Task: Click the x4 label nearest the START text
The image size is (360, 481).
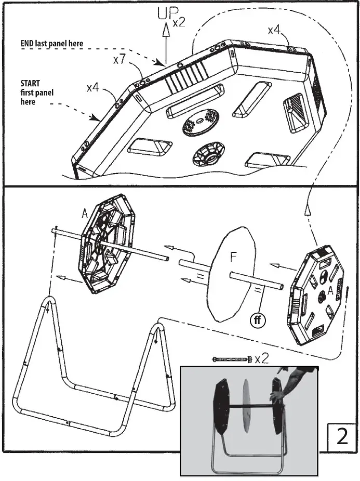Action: click(x=93, y=87)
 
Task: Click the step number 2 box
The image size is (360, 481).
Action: click(x=342, y=436)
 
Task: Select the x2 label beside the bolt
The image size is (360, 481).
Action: click(x=263, y=358)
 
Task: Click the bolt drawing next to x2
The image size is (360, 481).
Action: click(x=231, y=359)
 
